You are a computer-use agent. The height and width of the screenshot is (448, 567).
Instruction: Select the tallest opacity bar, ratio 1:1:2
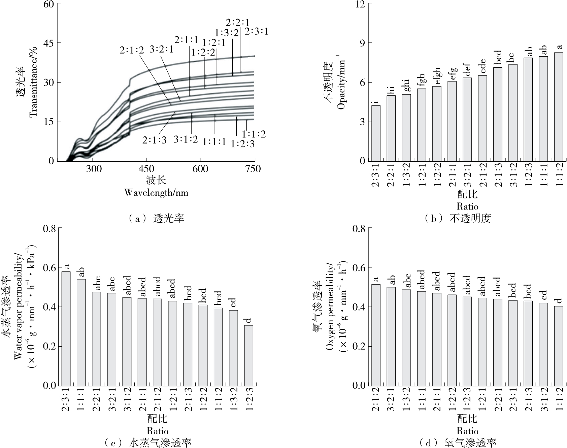559,107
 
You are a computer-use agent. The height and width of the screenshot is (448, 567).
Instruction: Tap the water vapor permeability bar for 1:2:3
248,355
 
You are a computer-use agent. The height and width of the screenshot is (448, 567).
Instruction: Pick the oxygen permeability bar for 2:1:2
376,335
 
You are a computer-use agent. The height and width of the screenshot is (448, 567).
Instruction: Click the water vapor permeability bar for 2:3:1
66,328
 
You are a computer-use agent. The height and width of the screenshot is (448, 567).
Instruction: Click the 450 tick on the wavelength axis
146,168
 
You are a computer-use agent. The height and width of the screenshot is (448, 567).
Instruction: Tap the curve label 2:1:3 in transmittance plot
154,140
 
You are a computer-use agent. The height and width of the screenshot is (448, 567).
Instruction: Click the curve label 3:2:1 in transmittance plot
161,50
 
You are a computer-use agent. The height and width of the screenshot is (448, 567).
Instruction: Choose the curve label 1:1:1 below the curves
214,142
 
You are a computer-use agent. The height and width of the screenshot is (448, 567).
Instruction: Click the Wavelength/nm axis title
156,192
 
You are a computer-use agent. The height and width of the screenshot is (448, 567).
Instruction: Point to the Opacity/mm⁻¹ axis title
341,83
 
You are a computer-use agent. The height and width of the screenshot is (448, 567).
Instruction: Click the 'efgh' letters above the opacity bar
437,76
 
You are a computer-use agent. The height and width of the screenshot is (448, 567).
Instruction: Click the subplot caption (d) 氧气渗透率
458,443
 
